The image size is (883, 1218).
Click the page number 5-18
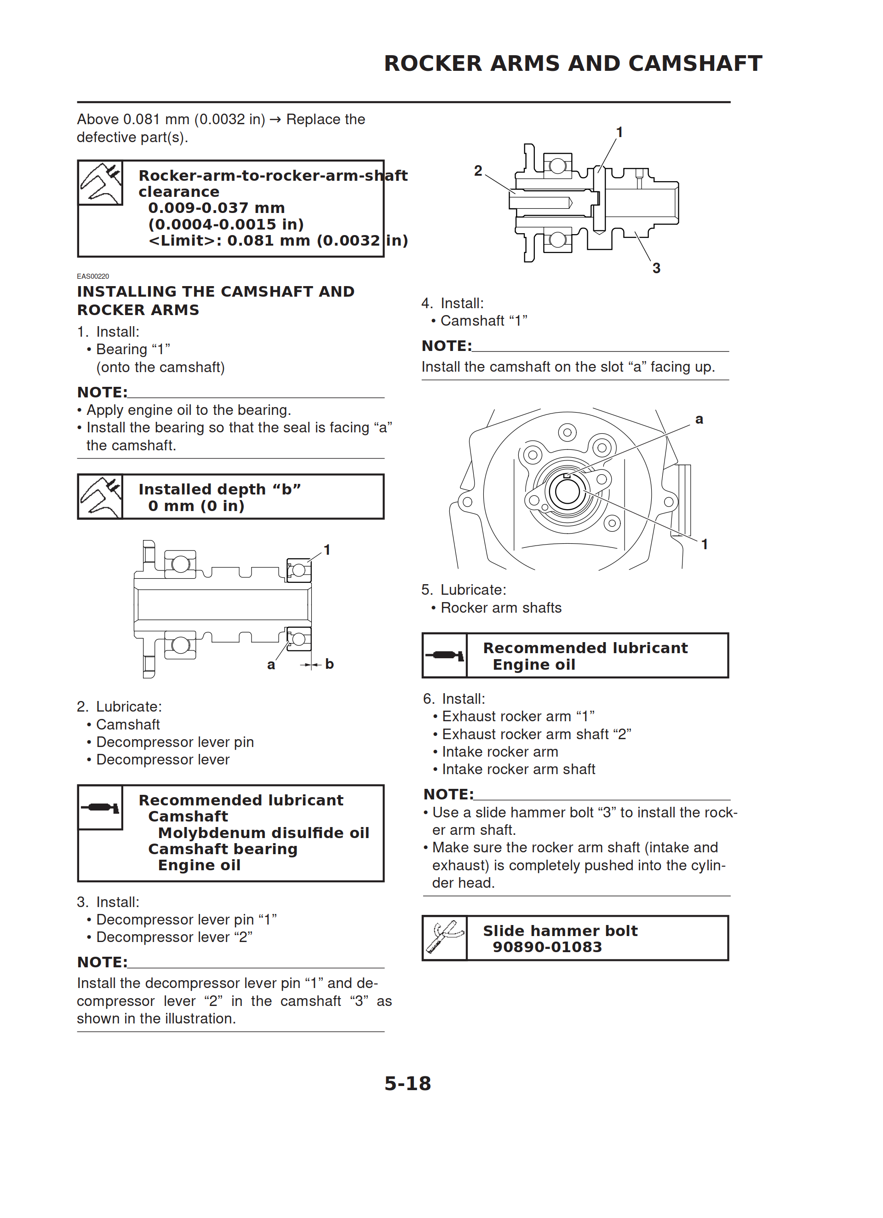tap(407, 1083)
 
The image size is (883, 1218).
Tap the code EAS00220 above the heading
tap(93, 276)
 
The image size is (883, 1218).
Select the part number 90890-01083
tap(547, 947)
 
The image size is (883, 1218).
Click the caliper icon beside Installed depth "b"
tap(100, 497)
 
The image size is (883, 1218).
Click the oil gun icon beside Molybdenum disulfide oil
tap(100, 807)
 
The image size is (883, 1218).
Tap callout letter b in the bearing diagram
tap(329, 664)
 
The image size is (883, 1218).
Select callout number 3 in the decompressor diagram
tap(656, 268)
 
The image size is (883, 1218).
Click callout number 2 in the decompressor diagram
tap(478, 171)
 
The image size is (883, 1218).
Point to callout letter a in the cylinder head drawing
tap(699, 419)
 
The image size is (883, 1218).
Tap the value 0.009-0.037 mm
tap(217, 208)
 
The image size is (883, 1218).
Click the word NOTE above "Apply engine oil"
tap(102, 392)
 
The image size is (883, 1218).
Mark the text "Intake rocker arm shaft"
tap(518, 769)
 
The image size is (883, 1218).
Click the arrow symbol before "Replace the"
tap(275, 120)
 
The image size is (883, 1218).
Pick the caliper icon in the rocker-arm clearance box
tap(100, 183)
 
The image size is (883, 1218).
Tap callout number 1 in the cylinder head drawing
tap(704, 544)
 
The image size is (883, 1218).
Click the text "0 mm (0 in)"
tap(196, 506)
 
